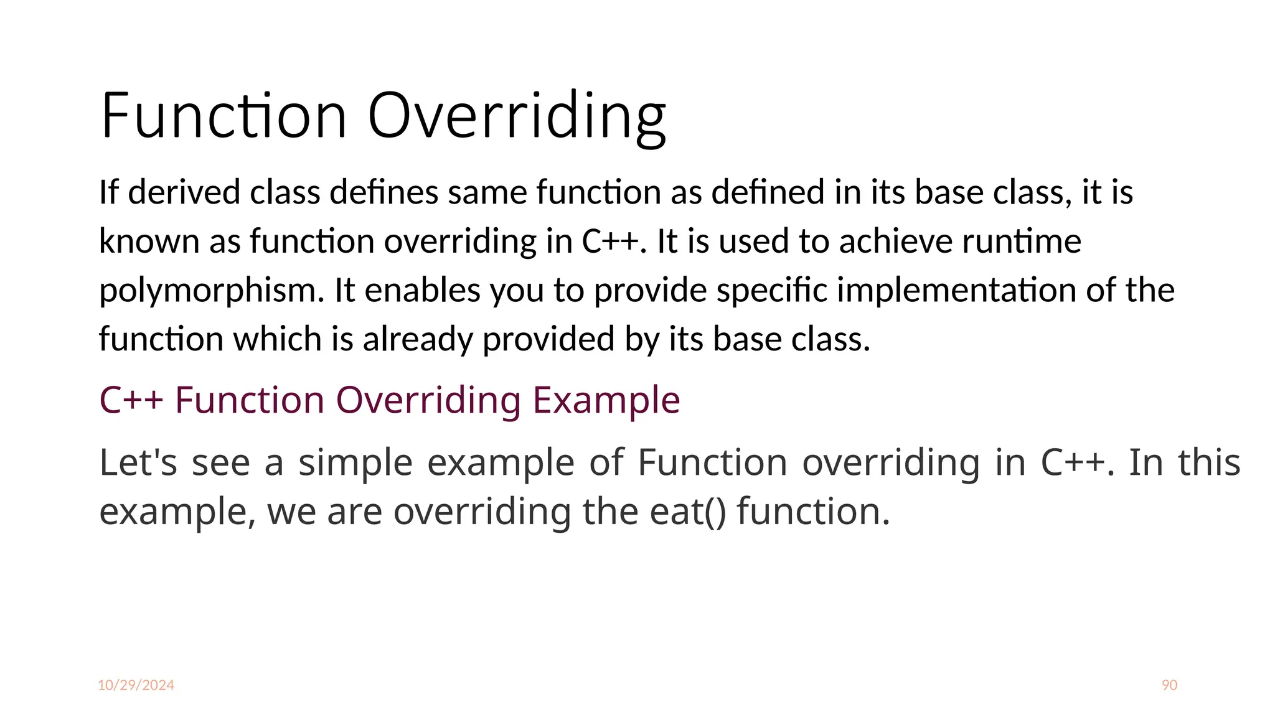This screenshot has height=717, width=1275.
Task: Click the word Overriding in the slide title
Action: coord(517,116)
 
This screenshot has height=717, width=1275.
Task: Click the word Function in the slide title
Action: coord(223,116)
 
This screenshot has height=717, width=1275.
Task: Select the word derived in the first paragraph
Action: coord(184,192)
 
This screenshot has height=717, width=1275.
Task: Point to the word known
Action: coord(149,241)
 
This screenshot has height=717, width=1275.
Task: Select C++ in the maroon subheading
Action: coord(131,400)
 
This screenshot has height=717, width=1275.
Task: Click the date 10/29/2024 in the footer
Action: coord(136,685)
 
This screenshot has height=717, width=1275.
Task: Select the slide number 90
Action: coord(1169,685)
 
